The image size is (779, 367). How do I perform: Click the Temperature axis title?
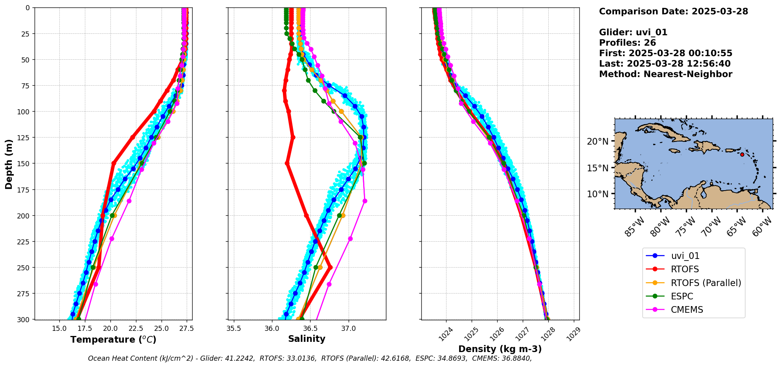pos(113,339)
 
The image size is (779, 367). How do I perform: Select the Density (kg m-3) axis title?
pos(500,349)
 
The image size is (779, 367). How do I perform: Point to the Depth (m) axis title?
pos(9,164)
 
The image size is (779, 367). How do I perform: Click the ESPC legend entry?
pos(682,296)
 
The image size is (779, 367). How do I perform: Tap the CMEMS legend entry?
pos(687,310)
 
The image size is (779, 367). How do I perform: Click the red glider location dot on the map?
pos(742,154)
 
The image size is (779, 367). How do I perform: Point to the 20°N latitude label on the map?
pos(597,141)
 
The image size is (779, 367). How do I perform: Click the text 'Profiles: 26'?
pos(627,43)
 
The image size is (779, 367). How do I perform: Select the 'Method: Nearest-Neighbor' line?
pos(665,74)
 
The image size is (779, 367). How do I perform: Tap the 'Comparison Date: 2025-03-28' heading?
pos(673,11)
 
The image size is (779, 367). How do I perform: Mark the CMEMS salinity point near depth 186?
pos(365,201)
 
